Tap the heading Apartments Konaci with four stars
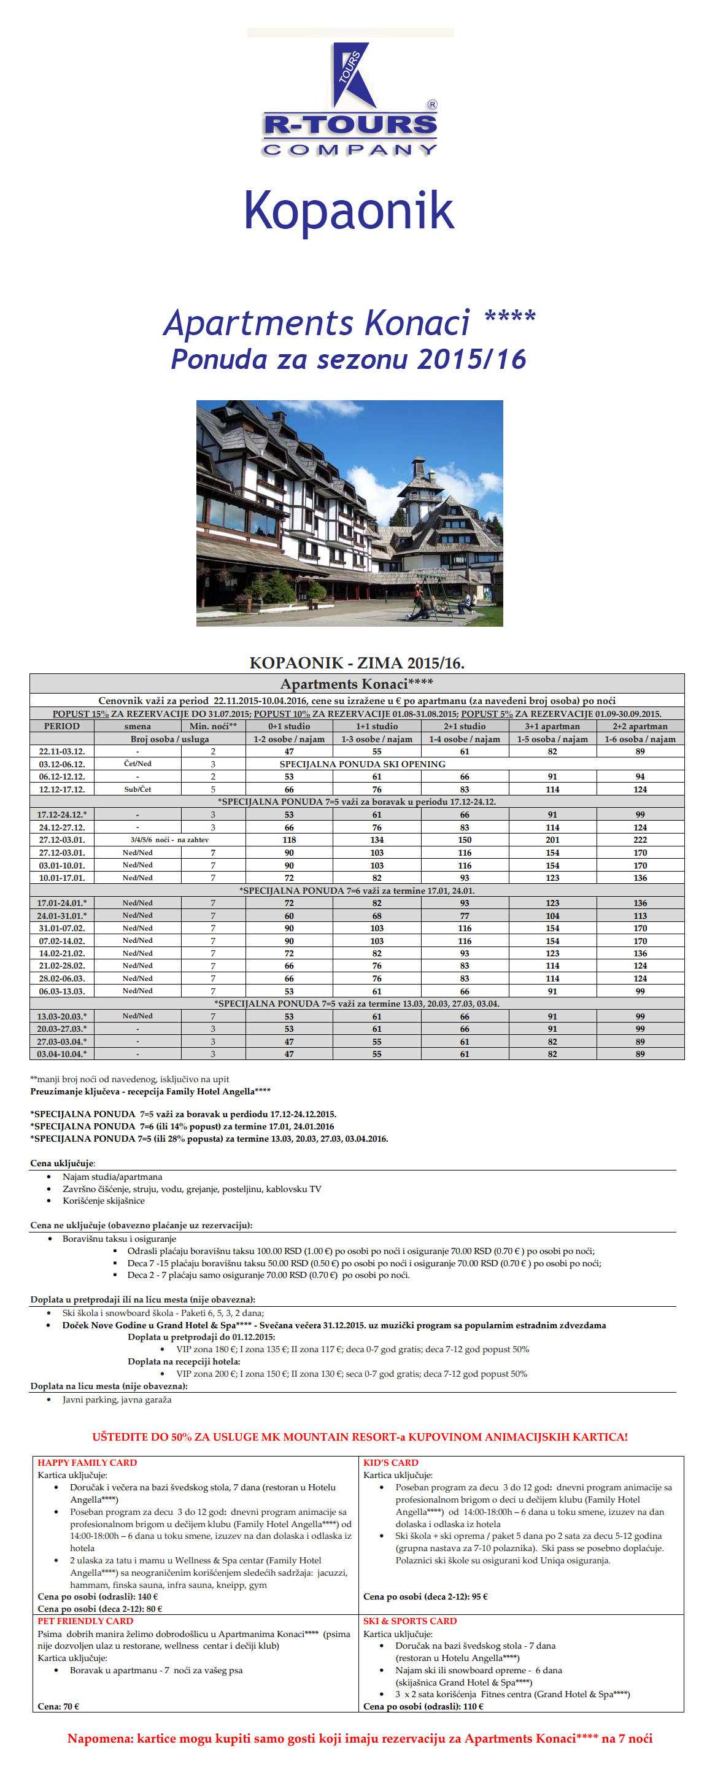(x=349, y=323)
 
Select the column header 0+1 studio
(x=289, y=726)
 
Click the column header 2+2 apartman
(x=640, y=726)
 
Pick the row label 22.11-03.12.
(x=62, y=751)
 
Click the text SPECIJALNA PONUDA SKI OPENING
(x=362, y=764)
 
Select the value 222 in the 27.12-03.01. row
(x=640, y=840)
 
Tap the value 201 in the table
(x=552, y=840)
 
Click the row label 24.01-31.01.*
(x=62, y=916)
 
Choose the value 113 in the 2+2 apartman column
(x=640, y=916)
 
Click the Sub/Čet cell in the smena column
(x=137, y=789)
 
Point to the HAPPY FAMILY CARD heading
(x=88, y=1463)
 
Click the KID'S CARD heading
(x=391, y=1463)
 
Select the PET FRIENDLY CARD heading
(x=85, y=1620)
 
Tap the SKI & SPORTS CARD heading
(x=410, y=1620)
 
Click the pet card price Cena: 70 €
(x=58, y=1706)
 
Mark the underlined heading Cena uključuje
(x=63, y=1163)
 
